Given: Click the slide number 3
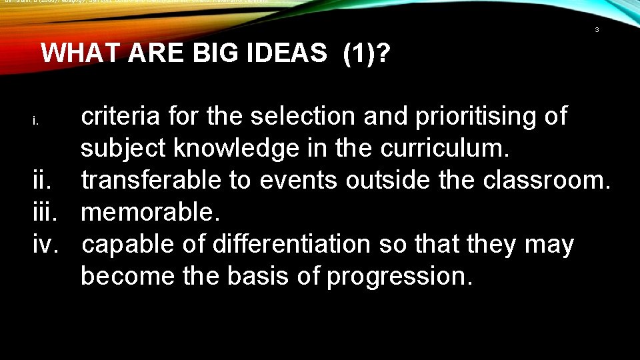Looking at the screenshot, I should (597, 30).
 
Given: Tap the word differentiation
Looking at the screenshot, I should (291, 245).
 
